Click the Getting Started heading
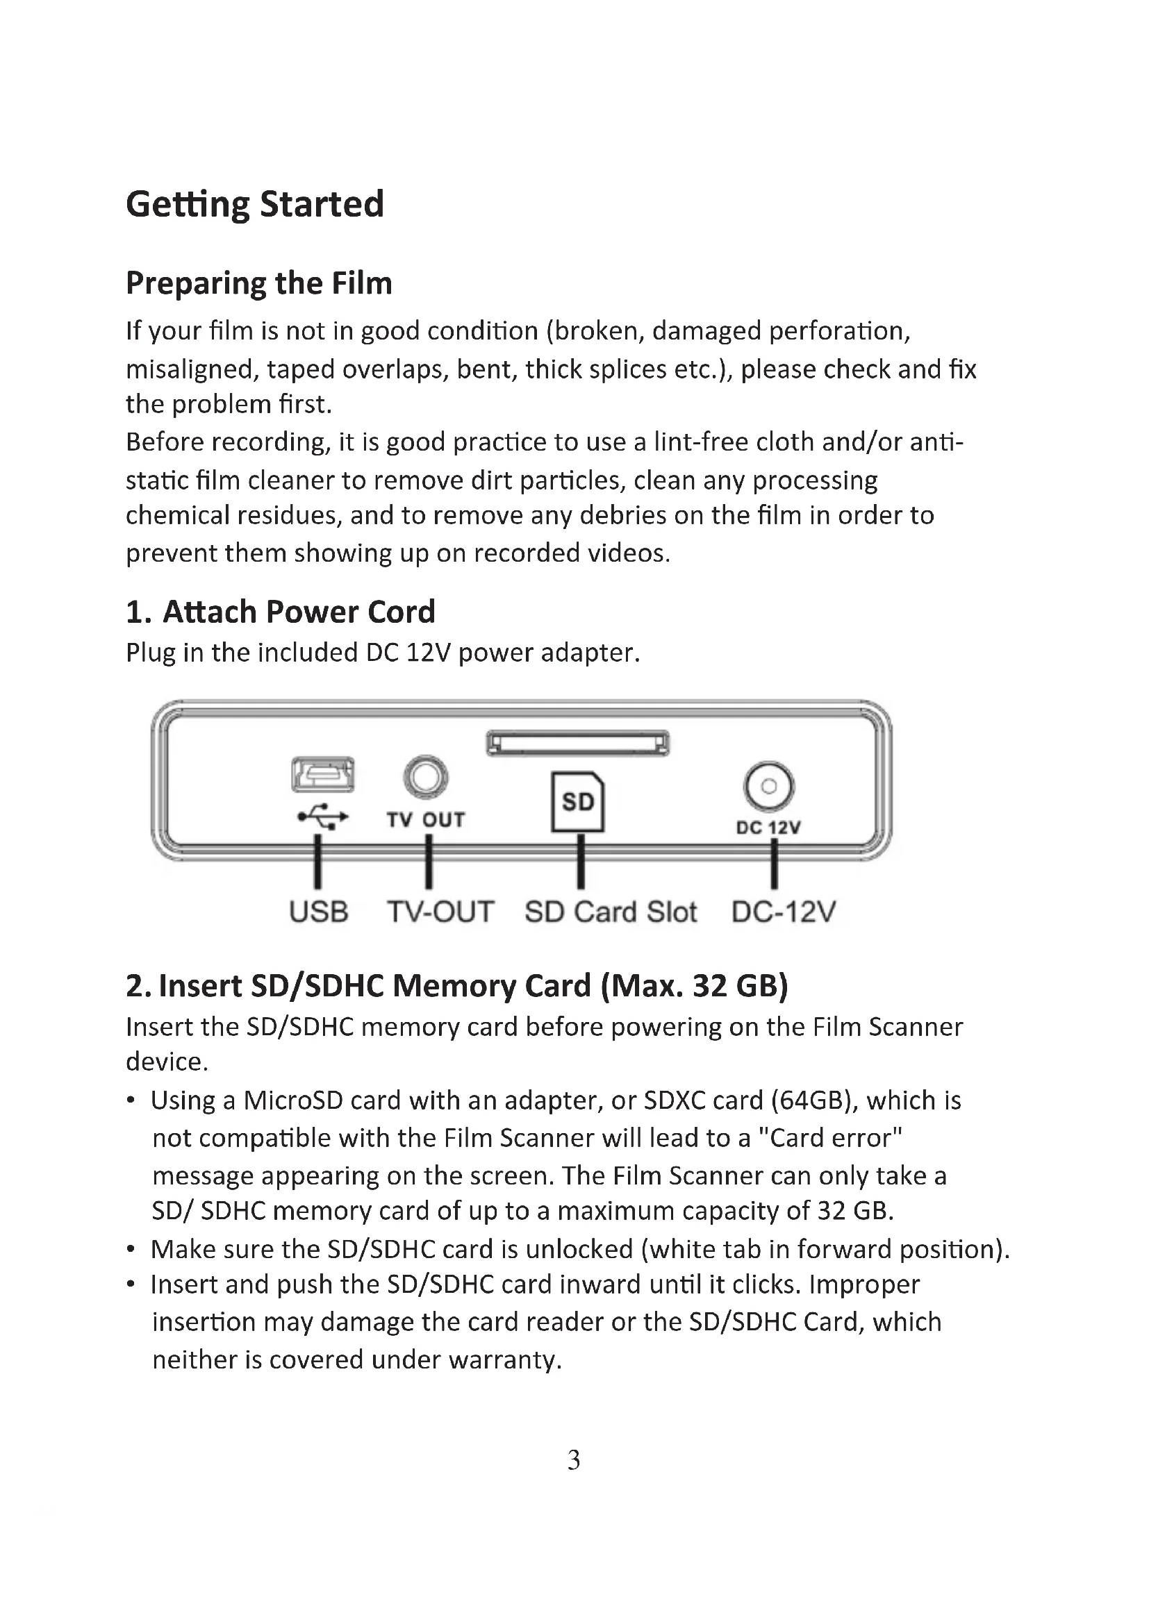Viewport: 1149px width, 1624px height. pyautogui.click(x=255, y=204)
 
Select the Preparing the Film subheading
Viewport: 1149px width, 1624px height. pyautogui.click(x=259, y=283)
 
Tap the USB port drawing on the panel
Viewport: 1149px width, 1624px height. pyautogui.click(x=323, y=775)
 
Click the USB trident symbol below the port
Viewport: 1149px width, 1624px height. pyautogui.click(x=323, y=818)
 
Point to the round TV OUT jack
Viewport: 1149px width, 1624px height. pyautogui.click(x=425, y=777)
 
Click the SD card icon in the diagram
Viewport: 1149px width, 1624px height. pyautogui.click(x=578, y=801)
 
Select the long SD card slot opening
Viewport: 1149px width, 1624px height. pyautogui.click(x=577, y=744)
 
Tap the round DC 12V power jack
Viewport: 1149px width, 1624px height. pyautogui.click(x=769, y=786)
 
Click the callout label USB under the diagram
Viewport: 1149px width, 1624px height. pyautogui.click(x=318, y=912)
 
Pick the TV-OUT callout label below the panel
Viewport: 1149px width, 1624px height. pyautogui.click(x=440, y=912)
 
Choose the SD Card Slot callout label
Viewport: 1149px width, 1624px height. pyautogui.click(x=611, y=912)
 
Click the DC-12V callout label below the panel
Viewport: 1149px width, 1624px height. pyautogui.click(x=784, y=912)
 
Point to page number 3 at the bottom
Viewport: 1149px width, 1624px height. pyautogui.click(x=574, y=1460)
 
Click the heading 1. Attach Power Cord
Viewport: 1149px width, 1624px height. pyautogui.click(x=280, y=612)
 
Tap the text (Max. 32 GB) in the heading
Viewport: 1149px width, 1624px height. pyautogui.click(x=694, y=986)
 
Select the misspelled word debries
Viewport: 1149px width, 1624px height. pyautogui.click(x=622, y=516)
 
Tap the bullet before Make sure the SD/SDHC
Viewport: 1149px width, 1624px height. pyautogui.click(x=131, y=1250)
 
